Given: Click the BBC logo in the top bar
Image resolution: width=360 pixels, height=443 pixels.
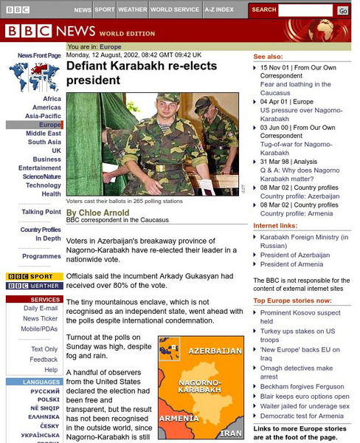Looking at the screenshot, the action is coord(18,10).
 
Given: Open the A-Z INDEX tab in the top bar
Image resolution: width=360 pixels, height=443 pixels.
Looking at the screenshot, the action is coord(220,10).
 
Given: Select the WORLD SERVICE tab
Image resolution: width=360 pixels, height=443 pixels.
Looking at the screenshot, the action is coord(176,10).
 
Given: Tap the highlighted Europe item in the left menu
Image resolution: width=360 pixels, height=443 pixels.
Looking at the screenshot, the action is coord(50,125).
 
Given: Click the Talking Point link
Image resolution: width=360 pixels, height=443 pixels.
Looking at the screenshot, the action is coord(41,212).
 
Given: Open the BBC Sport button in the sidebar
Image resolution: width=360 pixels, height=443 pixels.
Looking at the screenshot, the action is coord(34,277).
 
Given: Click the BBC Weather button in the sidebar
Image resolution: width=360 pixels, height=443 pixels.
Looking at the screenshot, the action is coord(34,286).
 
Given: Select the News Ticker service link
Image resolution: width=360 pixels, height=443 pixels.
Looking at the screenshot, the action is coord(41,318).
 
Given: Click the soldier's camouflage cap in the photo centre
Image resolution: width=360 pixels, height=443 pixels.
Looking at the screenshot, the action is coord(168,97).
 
